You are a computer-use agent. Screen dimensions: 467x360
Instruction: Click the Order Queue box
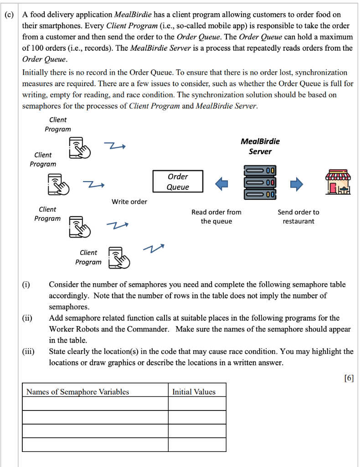pyautogui.click(x=178, y=182)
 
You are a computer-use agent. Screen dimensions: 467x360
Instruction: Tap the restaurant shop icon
pyautogui.click(x=338, y=184)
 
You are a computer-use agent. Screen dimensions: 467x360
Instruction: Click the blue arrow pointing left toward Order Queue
pyautogui.click(x=221, y=183)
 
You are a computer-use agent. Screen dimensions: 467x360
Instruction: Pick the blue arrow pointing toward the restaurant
pyautogui.click(x=297, y=183)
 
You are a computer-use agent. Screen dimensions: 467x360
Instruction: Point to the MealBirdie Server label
pyautogui.click(x=260, y=146)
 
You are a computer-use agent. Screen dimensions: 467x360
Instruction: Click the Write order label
pyautogui.click(x=129, y=202)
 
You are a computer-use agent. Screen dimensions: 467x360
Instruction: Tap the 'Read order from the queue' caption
pyautogui.click(x=216, y=217)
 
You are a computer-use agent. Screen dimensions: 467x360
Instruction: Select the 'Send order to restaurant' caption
pyautogui.click(x=298, y=217)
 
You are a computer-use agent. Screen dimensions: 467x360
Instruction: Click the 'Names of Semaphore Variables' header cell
pyautogui.click(x=78, y=391)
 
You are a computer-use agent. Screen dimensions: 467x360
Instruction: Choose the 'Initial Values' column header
pyautogui.click(x=194, y=391)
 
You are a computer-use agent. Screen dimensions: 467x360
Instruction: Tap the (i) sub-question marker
pyautogui.click(x=26, y=285)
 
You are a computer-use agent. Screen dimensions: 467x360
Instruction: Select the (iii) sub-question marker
pyautogui.click(x=28, y=351)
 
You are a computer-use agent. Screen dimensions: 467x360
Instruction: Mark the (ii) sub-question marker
pyautogui.click(x=27, y=318)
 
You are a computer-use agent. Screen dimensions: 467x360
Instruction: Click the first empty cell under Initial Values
pyautogui.click(x=197, y=404)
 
